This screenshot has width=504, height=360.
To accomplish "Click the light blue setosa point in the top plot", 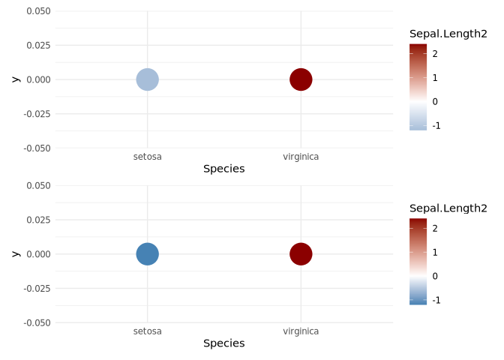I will click(147, 79).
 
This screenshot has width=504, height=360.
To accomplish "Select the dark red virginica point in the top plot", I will click(301, 79).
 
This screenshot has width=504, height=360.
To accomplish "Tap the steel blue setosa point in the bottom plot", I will click(147, 253).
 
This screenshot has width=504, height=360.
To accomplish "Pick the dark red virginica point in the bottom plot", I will click(301, 253).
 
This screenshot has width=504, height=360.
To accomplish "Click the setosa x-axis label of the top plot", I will click(147, 157).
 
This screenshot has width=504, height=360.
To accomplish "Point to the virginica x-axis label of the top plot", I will click(301, 157).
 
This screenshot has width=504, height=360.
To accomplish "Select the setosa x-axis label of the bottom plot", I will click(147, 331).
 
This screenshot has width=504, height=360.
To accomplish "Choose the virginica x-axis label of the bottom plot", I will click(301, 331).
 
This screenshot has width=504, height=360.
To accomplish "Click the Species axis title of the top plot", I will click(223, 169).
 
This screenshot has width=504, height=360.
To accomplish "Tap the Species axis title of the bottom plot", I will click(223, 343).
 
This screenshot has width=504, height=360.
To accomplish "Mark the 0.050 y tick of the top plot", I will click(38, 11).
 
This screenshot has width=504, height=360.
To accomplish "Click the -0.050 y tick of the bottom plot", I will click(37, 322).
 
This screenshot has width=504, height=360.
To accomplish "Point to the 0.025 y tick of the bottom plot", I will click(38, 220).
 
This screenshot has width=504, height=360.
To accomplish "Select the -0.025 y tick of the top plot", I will click(37, 114).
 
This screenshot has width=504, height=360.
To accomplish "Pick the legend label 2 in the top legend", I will click(435, 53).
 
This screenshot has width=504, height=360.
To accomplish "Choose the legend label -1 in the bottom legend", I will click(436, 300).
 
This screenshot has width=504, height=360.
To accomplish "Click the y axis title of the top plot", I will click(15, 79).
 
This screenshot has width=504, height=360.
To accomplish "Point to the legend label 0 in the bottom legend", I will click(435, 276).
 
